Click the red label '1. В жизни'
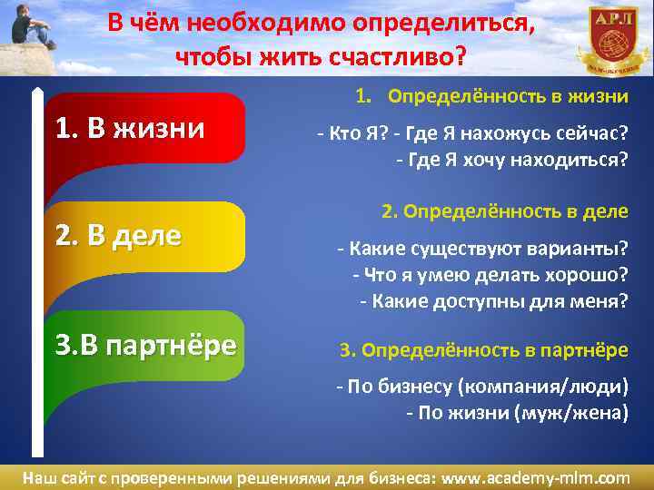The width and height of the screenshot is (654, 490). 131,128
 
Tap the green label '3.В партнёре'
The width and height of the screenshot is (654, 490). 145,345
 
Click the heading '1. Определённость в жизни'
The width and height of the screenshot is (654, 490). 491,96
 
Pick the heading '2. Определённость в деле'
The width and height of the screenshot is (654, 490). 504,211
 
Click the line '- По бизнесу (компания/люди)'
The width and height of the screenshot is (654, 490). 481,387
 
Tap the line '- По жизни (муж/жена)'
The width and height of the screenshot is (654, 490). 516,413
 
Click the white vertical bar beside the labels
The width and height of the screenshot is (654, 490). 37,272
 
